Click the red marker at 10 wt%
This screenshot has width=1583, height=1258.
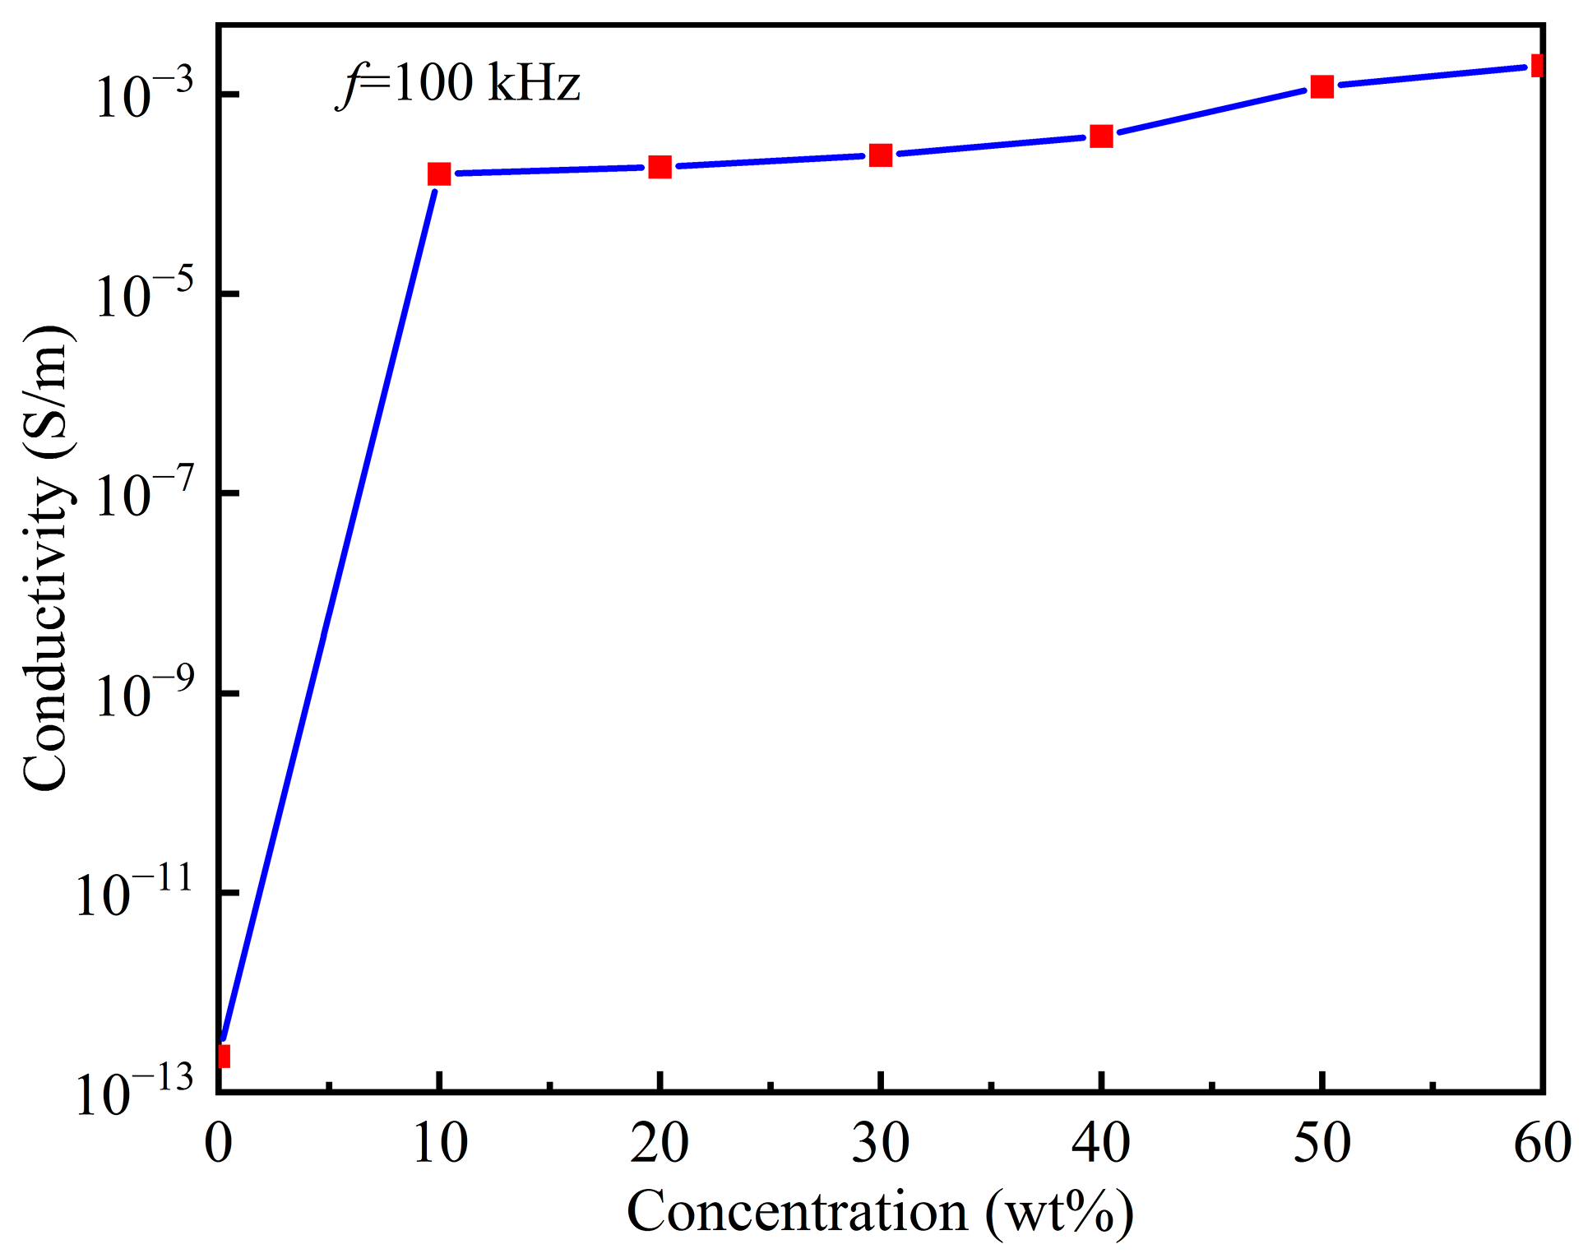[x=439, y=173]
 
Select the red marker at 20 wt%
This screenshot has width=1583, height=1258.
[x=660, y=167]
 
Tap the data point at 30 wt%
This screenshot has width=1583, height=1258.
[x=881, y=155]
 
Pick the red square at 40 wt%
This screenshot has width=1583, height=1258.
[x=1101, y=136]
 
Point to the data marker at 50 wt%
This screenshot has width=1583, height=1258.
[x=1321, y=86]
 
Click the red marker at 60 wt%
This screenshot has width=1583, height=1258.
[x=1537, y=65]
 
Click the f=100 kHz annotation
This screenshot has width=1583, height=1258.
[x=459, y=84]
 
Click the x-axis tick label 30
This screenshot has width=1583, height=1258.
[x=880, y=1143]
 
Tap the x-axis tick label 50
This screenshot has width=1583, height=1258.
[x=1321, y=1143]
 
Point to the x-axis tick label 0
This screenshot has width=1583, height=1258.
[x=219, y=1143]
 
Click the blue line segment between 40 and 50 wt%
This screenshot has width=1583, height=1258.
[x=1211, y=111]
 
